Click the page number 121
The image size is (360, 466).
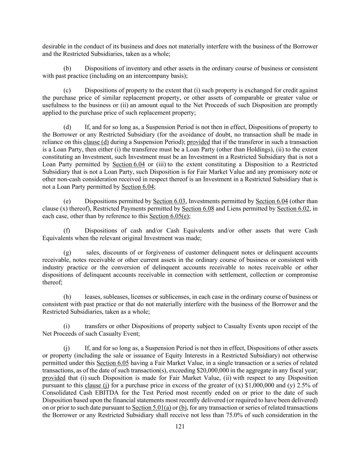click(180, 426)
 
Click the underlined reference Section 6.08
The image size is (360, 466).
click(198, 209)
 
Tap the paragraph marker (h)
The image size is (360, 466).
click(67, 297)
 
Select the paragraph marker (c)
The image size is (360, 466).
click(67, 90)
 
